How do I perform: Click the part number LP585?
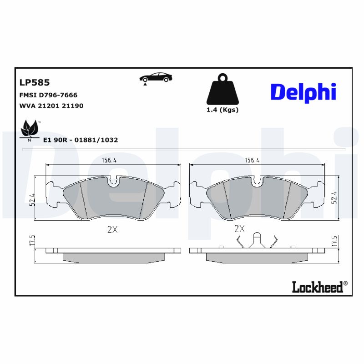34,83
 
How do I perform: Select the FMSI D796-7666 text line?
48,95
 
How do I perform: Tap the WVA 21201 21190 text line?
51,106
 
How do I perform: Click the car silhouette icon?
156,77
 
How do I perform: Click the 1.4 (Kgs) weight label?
222,110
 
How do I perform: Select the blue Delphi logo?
303,92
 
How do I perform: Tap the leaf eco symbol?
30,129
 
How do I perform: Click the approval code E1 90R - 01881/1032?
80,140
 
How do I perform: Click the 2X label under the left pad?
112,230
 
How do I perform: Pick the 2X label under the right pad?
239,229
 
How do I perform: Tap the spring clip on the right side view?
258,241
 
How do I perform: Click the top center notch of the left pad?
114,182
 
